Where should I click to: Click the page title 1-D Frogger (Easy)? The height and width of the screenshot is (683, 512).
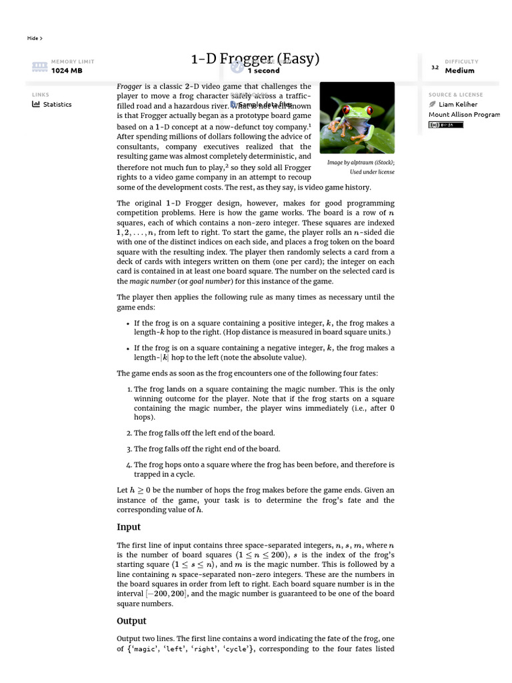coord(255,59)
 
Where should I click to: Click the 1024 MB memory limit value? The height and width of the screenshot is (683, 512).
coord(67,70)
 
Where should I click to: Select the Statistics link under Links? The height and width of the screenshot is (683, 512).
coord(57,104)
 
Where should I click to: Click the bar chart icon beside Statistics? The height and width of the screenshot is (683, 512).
coord(36,104)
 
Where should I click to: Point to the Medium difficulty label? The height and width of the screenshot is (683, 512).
coord(459,70)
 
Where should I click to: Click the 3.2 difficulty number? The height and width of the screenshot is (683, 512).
coord(435,67)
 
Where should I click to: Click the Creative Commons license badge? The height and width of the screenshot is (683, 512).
coord(445,124)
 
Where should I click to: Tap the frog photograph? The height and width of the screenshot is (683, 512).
coord(357,118)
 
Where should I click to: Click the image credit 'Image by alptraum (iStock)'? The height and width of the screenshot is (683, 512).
coord(361,162)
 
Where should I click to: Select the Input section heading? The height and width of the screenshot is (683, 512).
coord(129,527)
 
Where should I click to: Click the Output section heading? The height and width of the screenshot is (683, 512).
coord(131,621)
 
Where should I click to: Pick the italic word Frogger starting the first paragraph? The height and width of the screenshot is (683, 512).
coord(129,87)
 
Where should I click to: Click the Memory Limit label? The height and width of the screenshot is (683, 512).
coord(73,61)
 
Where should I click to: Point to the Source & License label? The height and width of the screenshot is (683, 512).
coord(455,95)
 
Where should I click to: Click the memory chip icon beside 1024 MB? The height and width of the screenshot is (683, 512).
coord(39,66)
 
